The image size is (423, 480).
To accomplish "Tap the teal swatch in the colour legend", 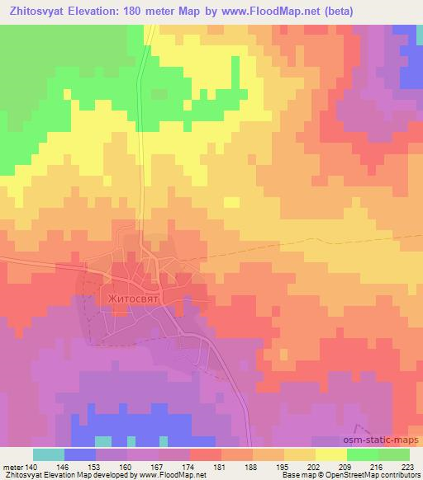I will [49, 455].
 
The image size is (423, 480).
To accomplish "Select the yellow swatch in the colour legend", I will [331, 455].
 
